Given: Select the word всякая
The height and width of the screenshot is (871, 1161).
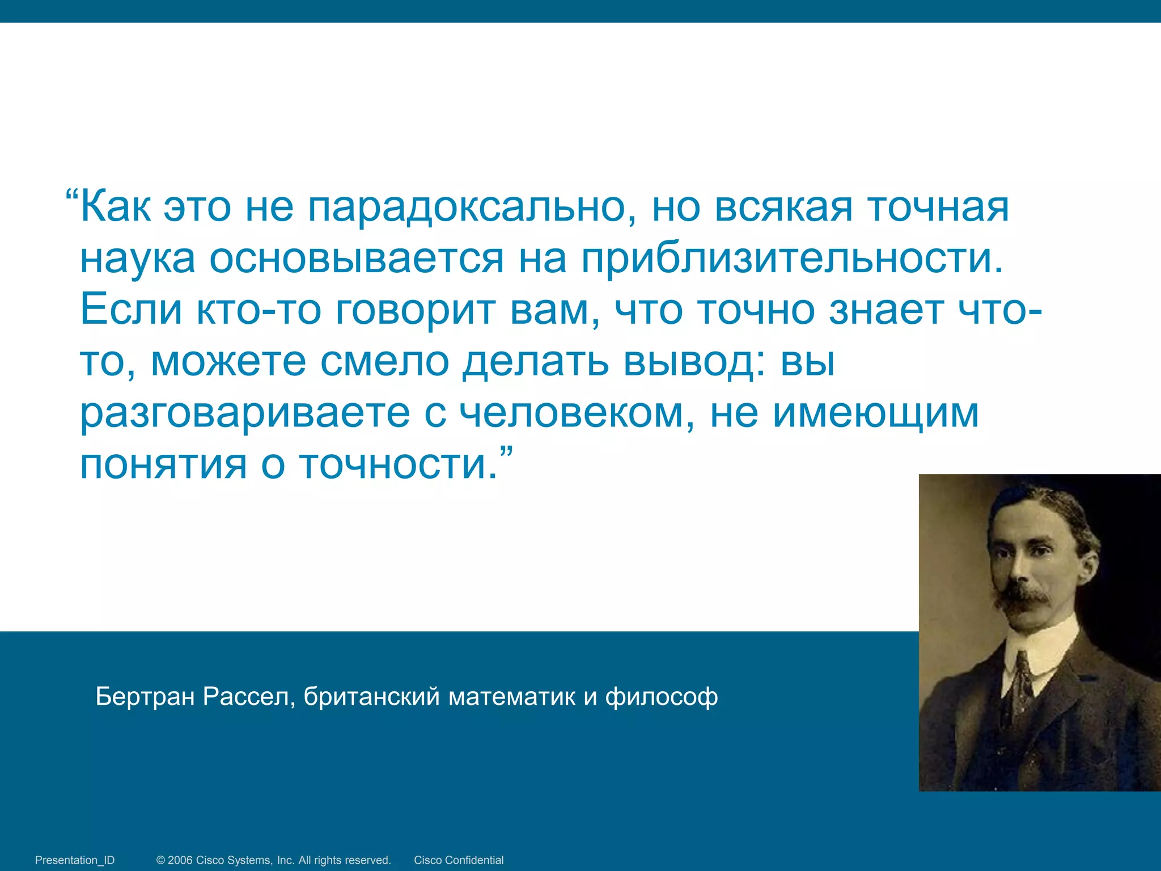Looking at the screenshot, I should [x=783, y=208].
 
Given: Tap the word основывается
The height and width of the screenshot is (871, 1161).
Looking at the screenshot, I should [x=357, y=259].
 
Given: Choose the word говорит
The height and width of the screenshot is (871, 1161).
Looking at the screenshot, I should [x=416, y=311].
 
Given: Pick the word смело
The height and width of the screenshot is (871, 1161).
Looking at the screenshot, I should [x=384, y=361].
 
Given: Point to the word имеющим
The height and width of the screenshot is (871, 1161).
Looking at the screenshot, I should [x=876, y=413].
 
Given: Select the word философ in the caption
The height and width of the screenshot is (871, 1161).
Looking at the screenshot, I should [x=662, y=696].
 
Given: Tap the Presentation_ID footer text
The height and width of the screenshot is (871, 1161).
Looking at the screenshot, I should [x=75, y=860].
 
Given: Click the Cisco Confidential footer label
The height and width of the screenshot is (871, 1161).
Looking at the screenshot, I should [x=459, y=860].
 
